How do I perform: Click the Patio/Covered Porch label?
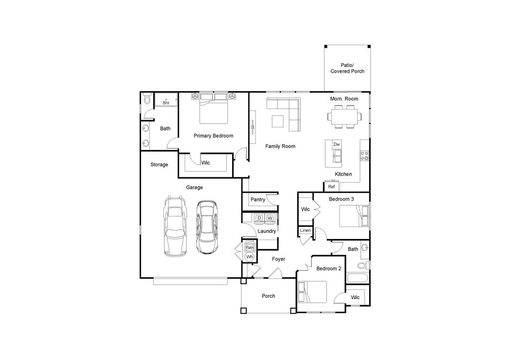[347, 68]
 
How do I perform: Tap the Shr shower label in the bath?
[166, 103]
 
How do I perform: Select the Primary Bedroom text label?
[213, 136]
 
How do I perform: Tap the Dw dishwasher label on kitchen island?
[337, 144]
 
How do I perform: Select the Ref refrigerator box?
[331, 187]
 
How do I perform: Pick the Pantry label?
[257, 200]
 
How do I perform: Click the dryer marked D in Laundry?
[259, 218]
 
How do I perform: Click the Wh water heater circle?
[250, 257]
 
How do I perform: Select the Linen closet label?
[305, 231]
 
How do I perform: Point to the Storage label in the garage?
[159, 165]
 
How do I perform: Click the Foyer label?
[278, 259]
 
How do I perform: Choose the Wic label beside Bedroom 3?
[305, 210]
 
